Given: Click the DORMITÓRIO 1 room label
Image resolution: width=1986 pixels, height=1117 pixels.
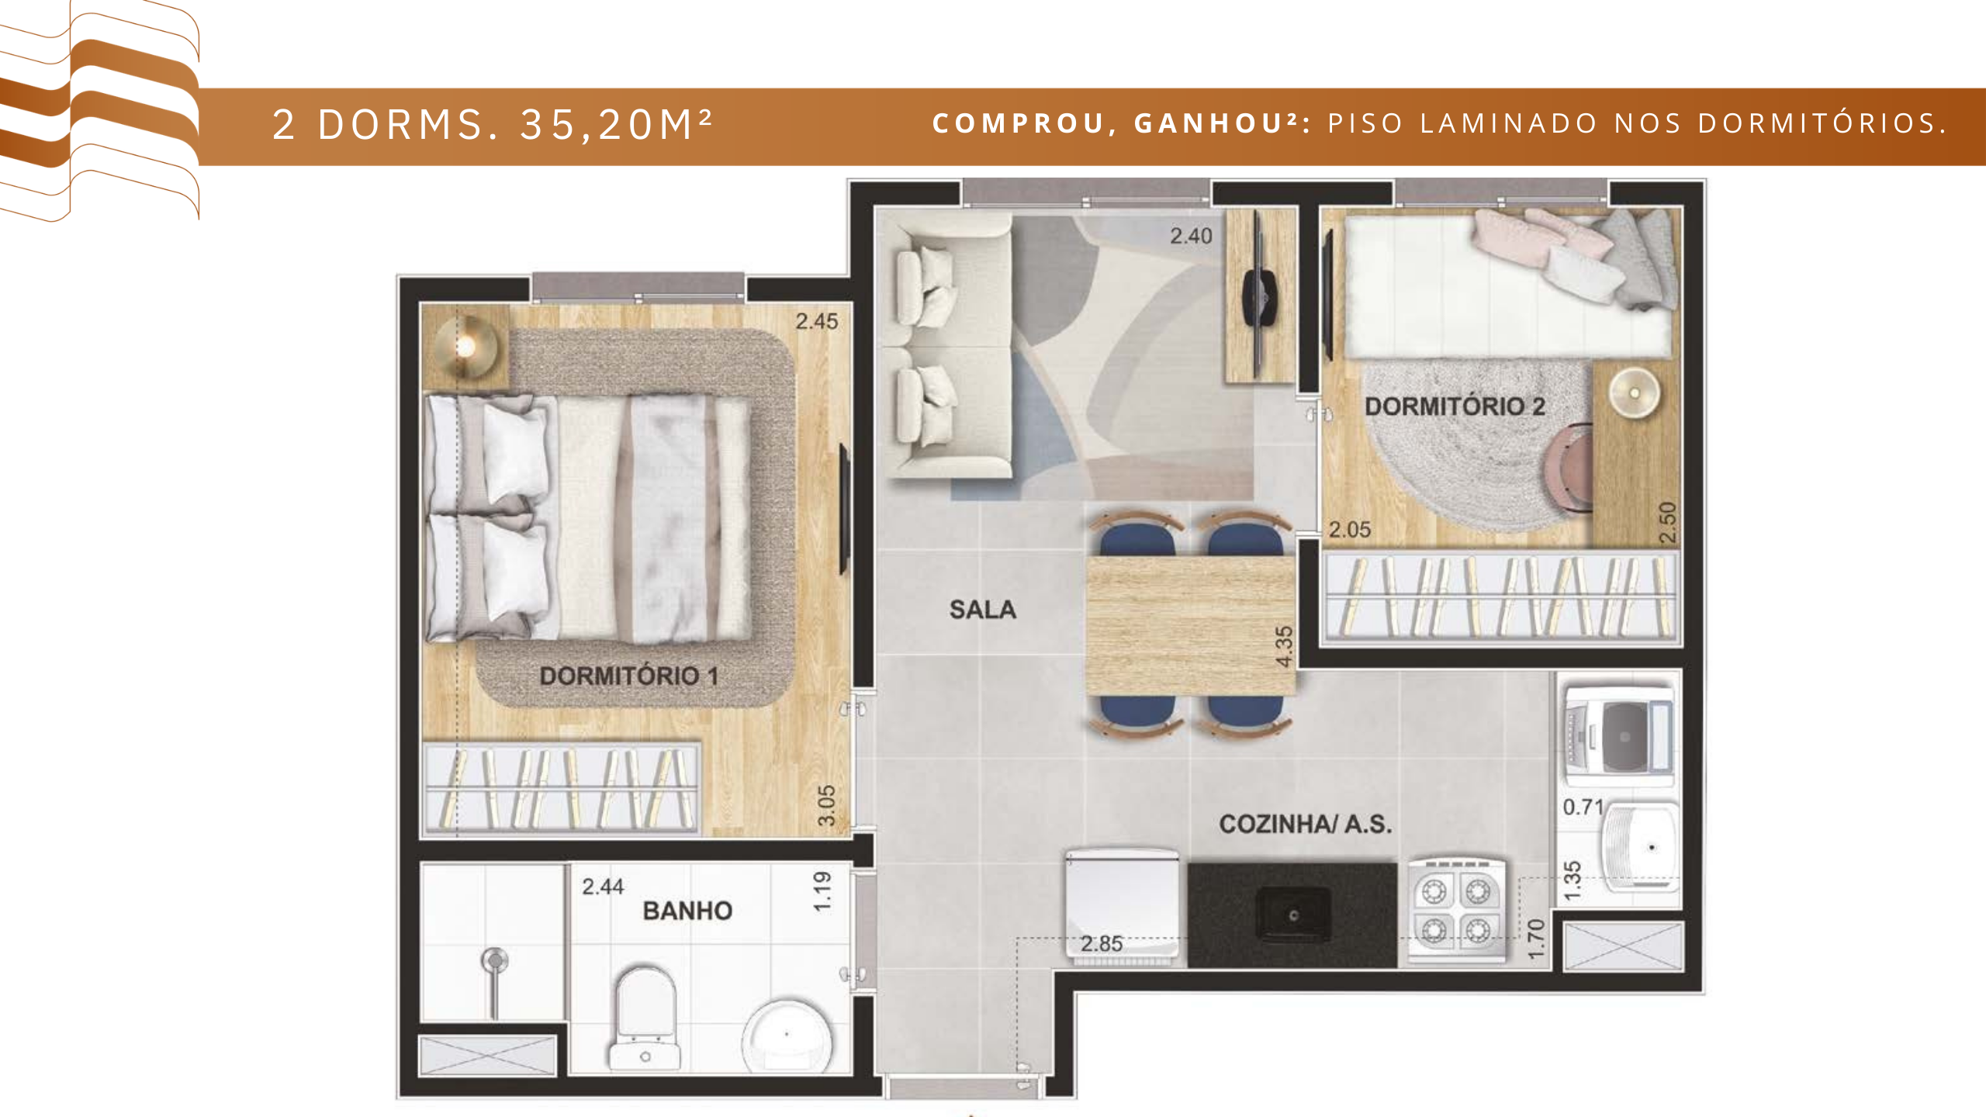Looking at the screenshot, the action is (628, 676).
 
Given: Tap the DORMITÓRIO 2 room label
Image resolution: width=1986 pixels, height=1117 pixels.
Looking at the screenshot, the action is (1455, 406).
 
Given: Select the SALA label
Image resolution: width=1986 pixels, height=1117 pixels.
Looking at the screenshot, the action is (983, 610).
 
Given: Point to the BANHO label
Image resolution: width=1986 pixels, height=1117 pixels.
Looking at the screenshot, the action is (687, 911).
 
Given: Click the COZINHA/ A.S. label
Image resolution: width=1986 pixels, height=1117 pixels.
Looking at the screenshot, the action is (1306, 824).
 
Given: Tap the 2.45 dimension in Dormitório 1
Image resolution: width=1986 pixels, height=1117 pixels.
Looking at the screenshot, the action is (817, 321).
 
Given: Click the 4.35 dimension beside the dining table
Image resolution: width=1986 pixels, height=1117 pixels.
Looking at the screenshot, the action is (1285, 646).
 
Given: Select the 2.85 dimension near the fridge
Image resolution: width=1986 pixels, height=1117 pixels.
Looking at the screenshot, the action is (1102, 944).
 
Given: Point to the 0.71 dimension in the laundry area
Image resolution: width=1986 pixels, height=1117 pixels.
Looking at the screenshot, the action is (1583, 807).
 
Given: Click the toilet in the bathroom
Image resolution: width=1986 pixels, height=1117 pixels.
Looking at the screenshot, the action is (645, 1017).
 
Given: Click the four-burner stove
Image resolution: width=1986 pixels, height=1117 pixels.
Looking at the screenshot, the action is (1456, 911).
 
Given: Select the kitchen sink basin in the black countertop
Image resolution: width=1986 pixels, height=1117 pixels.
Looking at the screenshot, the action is (1293, 915).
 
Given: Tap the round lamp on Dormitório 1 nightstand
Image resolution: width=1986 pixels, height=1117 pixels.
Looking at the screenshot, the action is (465, 346).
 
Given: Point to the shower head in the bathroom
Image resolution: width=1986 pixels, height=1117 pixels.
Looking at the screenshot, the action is (494, 961).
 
